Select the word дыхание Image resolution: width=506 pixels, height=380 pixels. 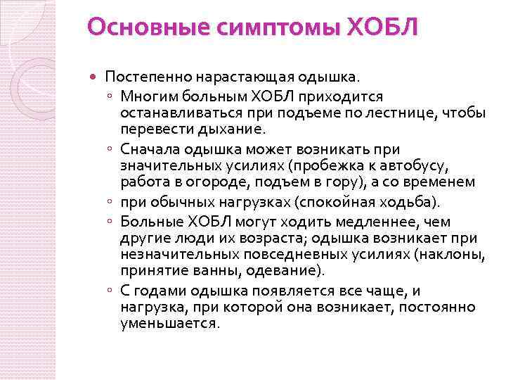tap(232, 129)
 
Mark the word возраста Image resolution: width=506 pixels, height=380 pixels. tap(262, 237)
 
